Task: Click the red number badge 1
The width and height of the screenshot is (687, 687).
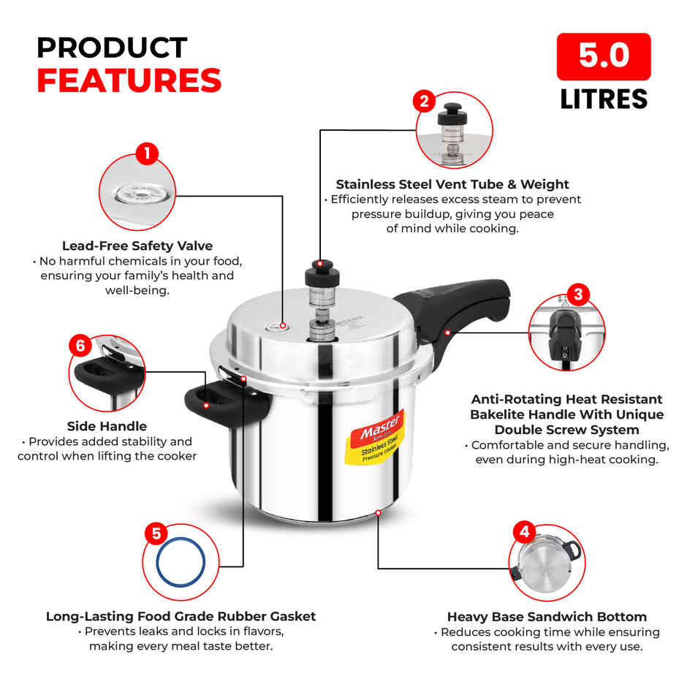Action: click(147, 153)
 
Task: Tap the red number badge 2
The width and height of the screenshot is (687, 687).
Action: click(425, 101)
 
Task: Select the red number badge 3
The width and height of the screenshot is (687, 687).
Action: click(578, 295)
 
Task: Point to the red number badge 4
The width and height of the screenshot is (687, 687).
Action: click(523, 531)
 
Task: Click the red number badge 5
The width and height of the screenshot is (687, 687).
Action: click(156, 533)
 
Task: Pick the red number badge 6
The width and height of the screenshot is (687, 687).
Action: click(80, 346)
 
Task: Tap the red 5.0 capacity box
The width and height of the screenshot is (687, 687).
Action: click(604, 56)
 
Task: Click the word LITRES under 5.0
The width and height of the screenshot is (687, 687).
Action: click(604, 99)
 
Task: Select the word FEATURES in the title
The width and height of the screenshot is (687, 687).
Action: click(129, 80)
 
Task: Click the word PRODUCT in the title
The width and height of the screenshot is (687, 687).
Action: click(112, 48)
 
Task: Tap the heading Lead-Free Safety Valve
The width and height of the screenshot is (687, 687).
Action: click(137, 246)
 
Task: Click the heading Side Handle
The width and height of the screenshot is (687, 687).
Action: click(107, 426)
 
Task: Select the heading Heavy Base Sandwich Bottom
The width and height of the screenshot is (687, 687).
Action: click(547, 617)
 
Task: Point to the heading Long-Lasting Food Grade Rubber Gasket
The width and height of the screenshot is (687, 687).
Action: click(181, 616)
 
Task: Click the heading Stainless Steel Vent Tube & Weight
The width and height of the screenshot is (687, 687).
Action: click(452, 184)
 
